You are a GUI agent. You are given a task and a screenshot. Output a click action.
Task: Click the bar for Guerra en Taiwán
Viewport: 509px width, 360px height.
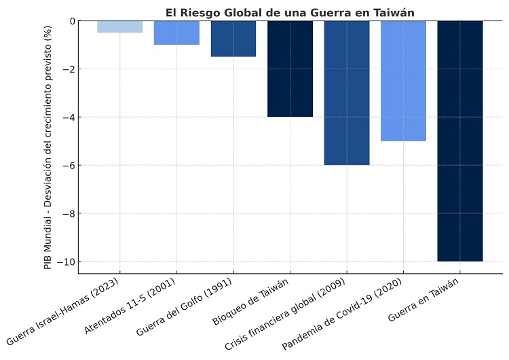coord(460,141)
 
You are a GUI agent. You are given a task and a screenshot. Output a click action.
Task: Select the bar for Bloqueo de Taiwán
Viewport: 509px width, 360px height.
coord(290,69)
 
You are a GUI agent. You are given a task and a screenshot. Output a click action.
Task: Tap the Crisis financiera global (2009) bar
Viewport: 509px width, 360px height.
coord(347,92)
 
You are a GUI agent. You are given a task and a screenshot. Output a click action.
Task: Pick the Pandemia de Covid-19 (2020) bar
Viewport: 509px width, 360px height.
coord(403,81)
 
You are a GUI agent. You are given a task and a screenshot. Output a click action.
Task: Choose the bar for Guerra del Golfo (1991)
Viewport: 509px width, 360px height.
coord(233,39)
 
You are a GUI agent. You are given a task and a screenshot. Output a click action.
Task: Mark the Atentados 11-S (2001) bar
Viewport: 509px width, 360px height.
coord(176,33)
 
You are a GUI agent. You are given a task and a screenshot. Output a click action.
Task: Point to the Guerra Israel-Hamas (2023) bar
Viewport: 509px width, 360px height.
coord(120,26)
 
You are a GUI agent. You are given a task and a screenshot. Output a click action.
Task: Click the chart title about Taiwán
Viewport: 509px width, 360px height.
coord(290,12)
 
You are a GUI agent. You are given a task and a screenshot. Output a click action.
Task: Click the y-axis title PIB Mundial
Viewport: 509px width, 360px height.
coord(48,147)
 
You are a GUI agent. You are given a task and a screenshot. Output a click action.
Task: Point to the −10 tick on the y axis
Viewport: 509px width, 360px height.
coord(64,262)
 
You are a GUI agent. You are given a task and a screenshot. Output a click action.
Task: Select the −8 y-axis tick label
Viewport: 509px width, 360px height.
coord(67,213)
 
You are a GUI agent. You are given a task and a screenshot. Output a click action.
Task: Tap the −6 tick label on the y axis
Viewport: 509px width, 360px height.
coord(67,165)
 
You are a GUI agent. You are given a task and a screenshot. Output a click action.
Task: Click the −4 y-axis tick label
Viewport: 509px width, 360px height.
coord(67,117)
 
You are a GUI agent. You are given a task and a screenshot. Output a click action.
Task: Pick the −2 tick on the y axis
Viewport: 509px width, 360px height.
coord(67,69)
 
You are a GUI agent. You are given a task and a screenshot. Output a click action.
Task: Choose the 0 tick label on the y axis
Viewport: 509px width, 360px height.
coord(69,21)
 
